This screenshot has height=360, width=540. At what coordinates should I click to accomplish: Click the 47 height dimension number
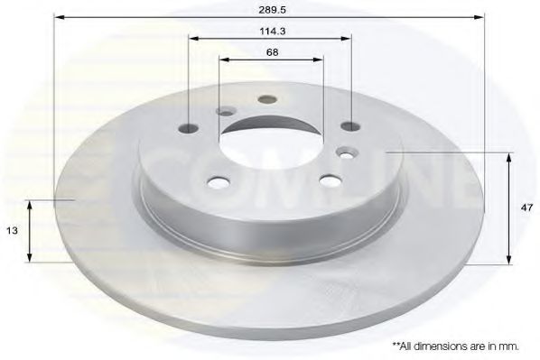point(527,208)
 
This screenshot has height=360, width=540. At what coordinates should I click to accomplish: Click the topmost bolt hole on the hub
point(266,100)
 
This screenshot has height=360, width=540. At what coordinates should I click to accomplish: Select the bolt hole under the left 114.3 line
point(190,127)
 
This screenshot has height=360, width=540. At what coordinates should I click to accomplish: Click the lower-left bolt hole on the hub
point(218,183)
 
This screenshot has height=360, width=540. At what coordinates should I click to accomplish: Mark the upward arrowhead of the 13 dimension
point(31,206)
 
